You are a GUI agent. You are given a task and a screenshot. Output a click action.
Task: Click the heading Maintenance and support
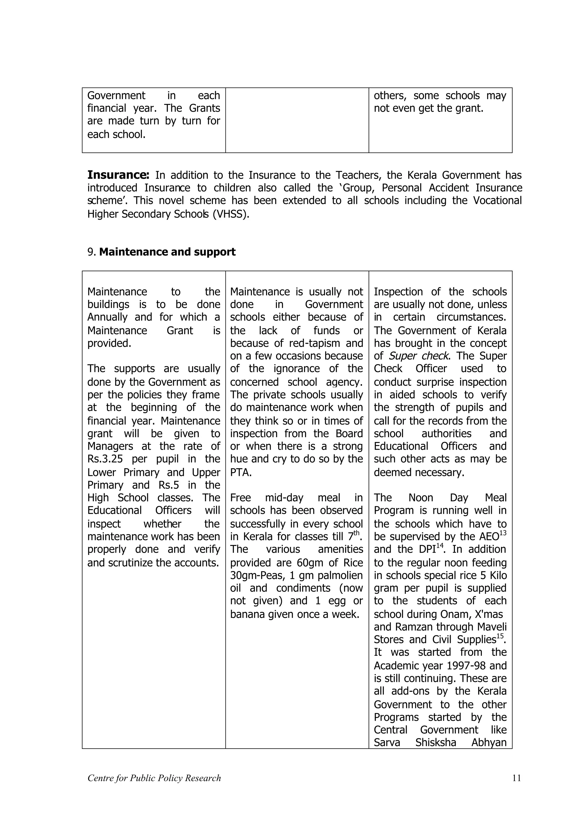point(167,252)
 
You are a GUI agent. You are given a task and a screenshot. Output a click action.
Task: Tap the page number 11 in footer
point(516,778)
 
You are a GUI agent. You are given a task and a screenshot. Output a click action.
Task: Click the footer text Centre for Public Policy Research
point(154,778)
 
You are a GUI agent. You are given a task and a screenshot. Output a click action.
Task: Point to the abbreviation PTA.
point(241,473)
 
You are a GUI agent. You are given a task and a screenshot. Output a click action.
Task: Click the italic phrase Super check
point(419,356)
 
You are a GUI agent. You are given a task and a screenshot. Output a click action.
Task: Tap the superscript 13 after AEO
point(503,533)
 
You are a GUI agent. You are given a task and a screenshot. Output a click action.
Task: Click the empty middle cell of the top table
point(297,120)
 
